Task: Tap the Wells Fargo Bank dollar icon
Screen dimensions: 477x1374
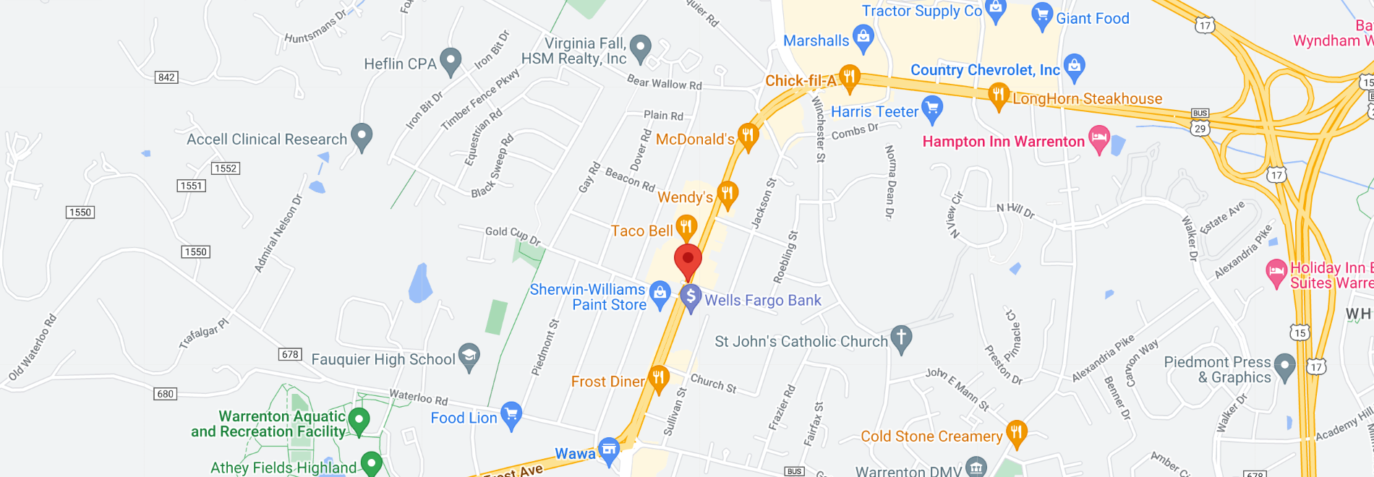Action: click(691, 296)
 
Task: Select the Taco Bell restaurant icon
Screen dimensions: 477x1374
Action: click(686, 228)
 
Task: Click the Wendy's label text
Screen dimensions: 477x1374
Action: click(685, 197)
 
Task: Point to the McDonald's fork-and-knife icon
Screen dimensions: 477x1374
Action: click(748, 136)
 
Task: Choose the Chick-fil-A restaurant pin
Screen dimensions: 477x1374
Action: click(849, 77)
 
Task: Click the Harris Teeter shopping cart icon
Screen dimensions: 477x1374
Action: click(932, 109)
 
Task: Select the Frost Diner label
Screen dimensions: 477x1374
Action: click(607, 382)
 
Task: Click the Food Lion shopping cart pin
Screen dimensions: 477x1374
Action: click(511, 415)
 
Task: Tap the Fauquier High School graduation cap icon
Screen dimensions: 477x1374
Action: click(469, 356)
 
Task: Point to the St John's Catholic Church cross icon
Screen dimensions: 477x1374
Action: click(900, 338)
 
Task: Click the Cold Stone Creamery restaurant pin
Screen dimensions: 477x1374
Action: click(1016, 434)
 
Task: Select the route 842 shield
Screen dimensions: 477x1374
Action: click(166, 77)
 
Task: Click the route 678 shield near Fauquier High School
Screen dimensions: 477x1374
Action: click(290, 354)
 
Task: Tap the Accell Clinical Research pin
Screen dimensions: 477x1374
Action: click(361, 136)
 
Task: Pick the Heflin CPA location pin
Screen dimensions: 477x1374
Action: click(451, 61)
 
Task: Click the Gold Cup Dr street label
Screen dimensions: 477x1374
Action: click(513, 235)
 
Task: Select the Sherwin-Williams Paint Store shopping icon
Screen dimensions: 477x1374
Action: click(660, 293)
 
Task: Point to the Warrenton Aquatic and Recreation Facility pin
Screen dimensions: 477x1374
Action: click(359, 420)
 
